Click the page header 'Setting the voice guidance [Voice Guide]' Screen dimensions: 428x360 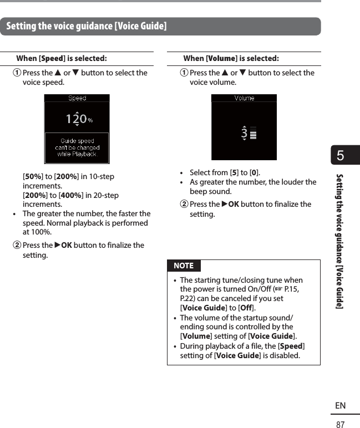click(x=86, y=26)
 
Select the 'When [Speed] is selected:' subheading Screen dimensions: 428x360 click(x=62, y=58)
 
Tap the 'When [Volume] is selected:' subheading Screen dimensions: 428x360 click(x=231, y=58)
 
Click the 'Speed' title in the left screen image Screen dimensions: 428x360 click(x=77, y=98)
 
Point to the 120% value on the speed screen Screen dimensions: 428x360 click(x=78, y=119)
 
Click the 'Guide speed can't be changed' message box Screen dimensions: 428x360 click(x=77, y=147)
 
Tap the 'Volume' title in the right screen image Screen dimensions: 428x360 click(x=244, y=98)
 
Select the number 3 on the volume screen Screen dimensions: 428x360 click(x=244, y=133)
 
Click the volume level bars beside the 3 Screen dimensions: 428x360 click(x=253, y=132)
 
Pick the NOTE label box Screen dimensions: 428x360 click(x=184, y=266)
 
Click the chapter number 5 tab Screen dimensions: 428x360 click(x=341, y=156)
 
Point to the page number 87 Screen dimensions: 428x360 click(x=340, y=424)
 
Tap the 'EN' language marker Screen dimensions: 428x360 click(x=340, y=406)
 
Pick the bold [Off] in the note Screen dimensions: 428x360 click(x=246, y=308)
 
